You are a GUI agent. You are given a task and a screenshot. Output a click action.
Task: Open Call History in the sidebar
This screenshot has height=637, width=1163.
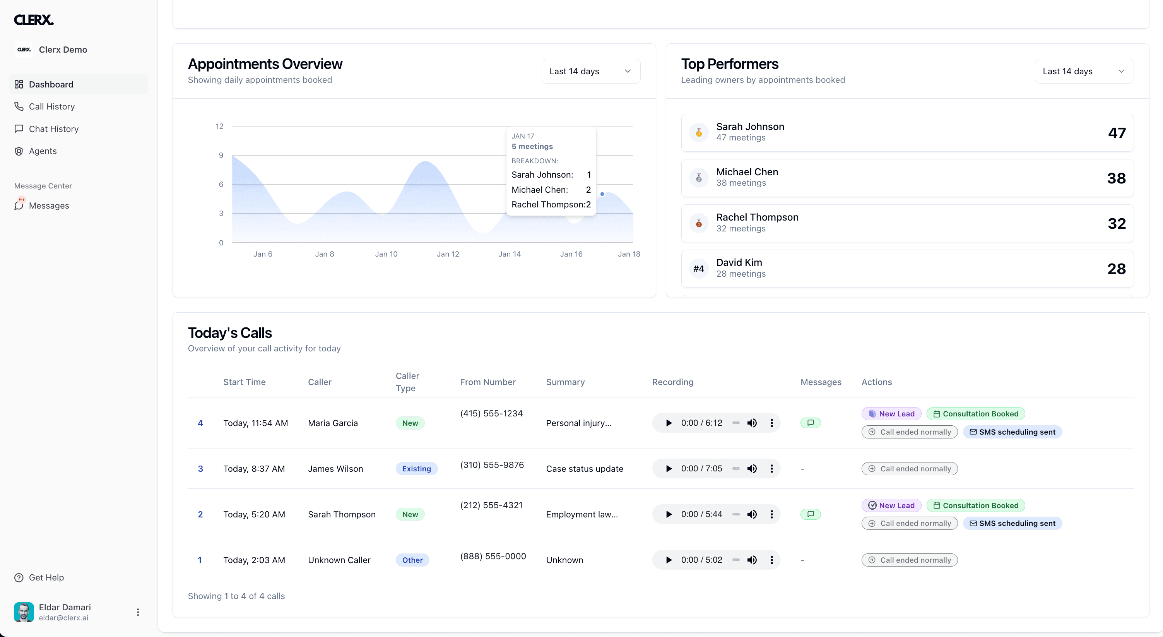click(51, 106)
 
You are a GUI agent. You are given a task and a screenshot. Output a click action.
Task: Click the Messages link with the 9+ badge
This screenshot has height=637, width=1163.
click(49, 205)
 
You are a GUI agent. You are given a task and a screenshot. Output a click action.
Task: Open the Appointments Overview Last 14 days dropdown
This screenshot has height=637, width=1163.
click(590, 71)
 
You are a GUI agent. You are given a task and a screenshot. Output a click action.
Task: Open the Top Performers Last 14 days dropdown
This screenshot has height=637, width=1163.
click(1084, 71)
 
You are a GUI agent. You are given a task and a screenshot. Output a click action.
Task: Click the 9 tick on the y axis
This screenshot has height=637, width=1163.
click(221, 155)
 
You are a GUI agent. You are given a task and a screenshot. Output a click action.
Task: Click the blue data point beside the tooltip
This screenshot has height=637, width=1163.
click(602, 194)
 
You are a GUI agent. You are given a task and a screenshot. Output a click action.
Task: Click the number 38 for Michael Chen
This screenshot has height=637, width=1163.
click(1116, 178)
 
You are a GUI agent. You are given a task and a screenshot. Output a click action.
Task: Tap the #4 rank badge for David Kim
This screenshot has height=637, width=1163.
click(698, 269)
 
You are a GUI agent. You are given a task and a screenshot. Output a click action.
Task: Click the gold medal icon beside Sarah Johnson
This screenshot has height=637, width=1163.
click(698, 133)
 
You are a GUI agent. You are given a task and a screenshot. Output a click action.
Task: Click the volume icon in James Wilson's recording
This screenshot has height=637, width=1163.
click(752, 469)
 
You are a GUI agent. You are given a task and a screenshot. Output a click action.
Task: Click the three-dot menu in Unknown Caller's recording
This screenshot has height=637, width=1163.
click(771, 560)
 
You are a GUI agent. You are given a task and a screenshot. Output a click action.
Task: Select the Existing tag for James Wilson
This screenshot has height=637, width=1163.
click(416, 469)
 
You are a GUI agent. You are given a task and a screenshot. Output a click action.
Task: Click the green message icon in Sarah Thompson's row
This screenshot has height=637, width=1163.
click(811, 514)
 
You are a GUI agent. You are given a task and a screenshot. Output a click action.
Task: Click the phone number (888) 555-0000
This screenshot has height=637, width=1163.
click(493, 556)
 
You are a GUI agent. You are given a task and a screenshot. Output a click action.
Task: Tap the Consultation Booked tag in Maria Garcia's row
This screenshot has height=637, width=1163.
click(976, 414)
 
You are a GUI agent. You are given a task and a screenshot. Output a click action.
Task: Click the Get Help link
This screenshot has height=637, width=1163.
click(46, 577)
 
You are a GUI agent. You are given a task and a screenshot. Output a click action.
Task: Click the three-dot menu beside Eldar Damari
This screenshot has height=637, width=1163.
click(138, 612)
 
